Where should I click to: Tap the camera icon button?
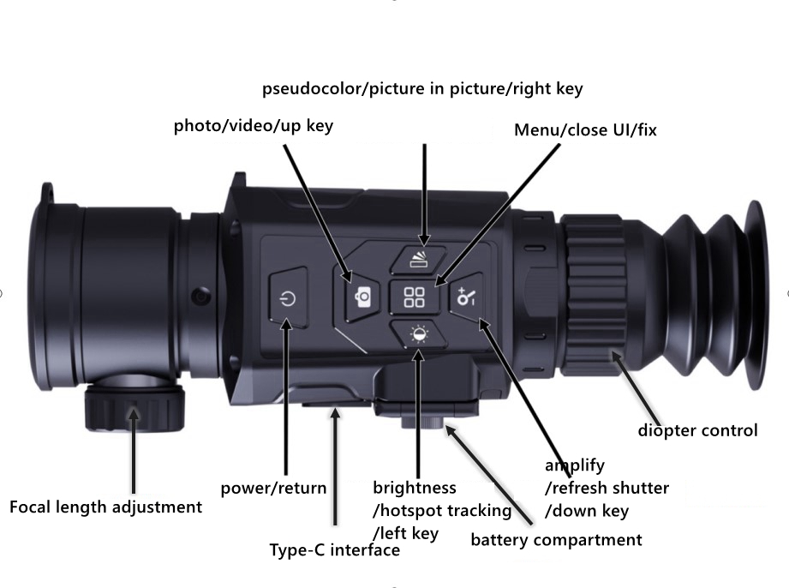point(362,297)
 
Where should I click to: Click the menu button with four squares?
point(415,297)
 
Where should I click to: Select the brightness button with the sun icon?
point(419,334)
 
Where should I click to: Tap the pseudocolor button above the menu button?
point(419,259)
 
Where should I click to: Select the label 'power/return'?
point(274,488)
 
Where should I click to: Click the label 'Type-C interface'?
point(335,549)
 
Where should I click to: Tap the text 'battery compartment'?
point(556,540)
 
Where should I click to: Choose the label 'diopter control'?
point(697,430)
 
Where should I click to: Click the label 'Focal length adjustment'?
point(105,507)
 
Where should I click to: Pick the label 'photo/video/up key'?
point(253,125)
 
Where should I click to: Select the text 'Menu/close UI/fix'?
point(585,130)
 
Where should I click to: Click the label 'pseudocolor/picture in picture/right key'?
point(422,88)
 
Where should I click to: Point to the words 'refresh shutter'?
point(611,488)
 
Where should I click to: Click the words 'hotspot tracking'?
point(445,511)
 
